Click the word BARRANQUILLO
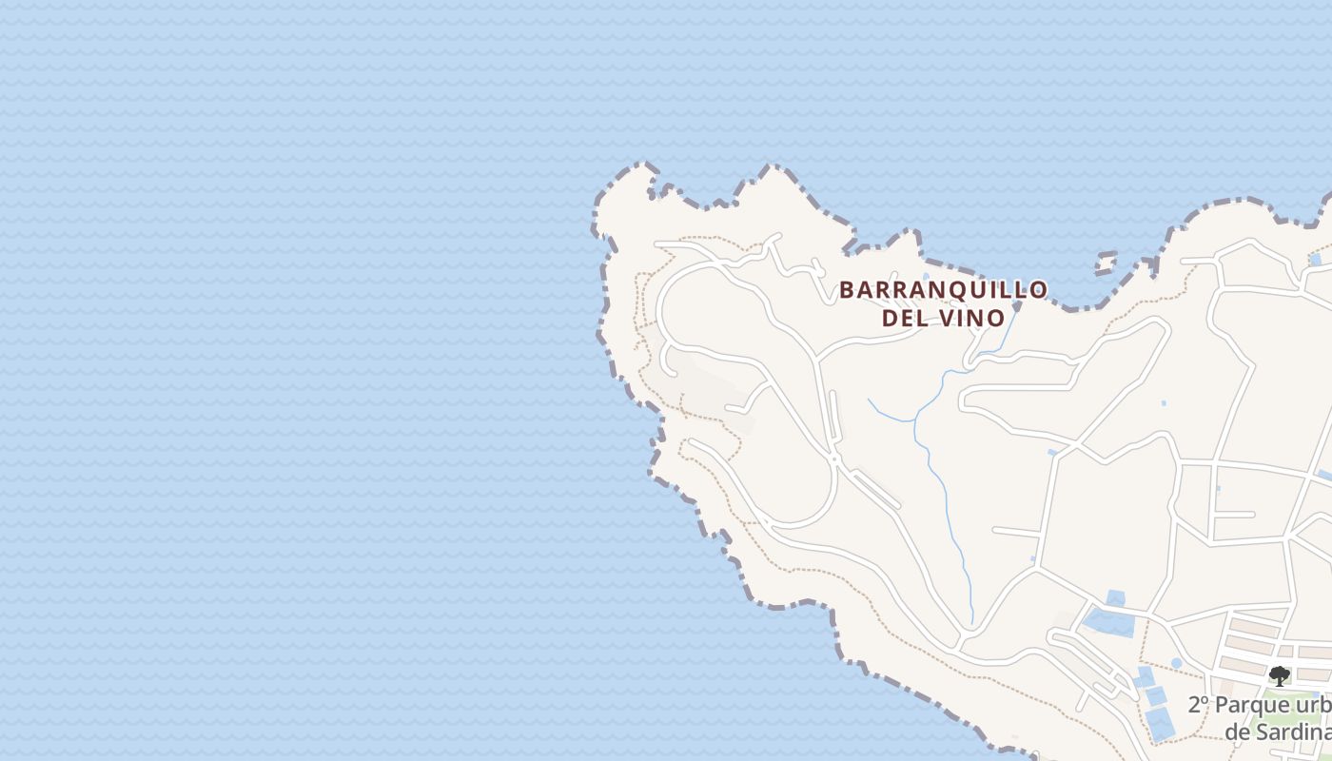point(943,289)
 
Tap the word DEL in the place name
point(904,318)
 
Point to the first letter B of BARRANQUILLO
point(847,290)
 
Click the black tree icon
point(1280,675)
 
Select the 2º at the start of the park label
point(1199,706)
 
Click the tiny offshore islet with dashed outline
point(1106,263)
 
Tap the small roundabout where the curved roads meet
point(833,460)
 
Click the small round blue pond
point(1176,663)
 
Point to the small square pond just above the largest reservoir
point(1115,598)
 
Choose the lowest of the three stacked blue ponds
point(1159,723)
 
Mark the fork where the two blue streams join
point(915,419)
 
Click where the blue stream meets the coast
point(1017,307)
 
